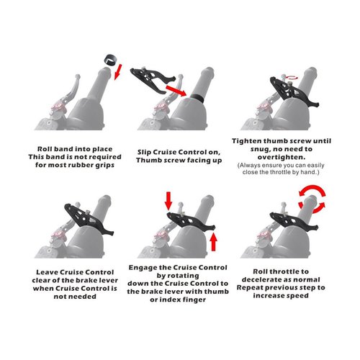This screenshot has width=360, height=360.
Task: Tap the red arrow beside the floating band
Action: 118,72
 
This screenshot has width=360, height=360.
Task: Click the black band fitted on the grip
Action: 197,97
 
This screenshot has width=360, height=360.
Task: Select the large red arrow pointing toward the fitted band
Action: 176,90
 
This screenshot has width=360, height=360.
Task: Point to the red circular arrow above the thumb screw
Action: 290,77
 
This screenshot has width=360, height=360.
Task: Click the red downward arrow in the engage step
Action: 168,201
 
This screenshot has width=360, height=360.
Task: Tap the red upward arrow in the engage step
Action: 213,242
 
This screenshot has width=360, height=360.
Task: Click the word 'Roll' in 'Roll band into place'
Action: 45,149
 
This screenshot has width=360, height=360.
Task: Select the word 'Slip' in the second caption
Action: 144,152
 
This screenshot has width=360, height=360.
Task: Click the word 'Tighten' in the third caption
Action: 246,141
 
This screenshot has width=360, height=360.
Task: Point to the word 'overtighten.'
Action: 282,157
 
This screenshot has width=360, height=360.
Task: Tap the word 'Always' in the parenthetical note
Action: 248,166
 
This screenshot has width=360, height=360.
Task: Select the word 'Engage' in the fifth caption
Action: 141,268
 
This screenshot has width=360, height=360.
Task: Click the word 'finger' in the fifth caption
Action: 194,300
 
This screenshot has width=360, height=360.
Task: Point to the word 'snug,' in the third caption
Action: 261,149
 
